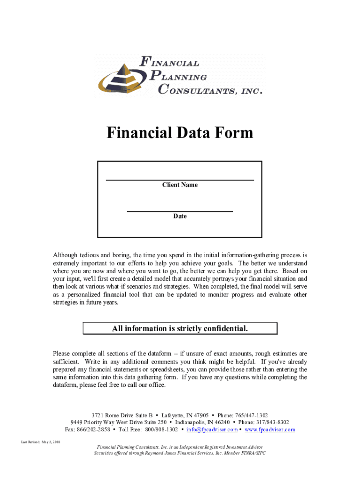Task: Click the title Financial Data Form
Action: click(180, 133)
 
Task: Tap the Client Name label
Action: click(180, 185)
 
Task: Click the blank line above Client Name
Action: click(180, 180)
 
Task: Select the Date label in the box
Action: click(180, 217)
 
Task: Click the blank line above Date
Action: click(180, 211)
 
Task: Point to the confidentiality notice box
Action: click(180, 329)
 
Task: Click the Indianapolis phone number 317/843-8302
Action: click(273, 422)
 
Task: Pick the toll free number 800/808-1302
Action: click(161, 429)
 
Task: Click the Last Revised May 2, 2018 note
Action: click(41, 442)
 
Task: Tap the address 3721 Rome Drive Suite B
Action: click(122, 415)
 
